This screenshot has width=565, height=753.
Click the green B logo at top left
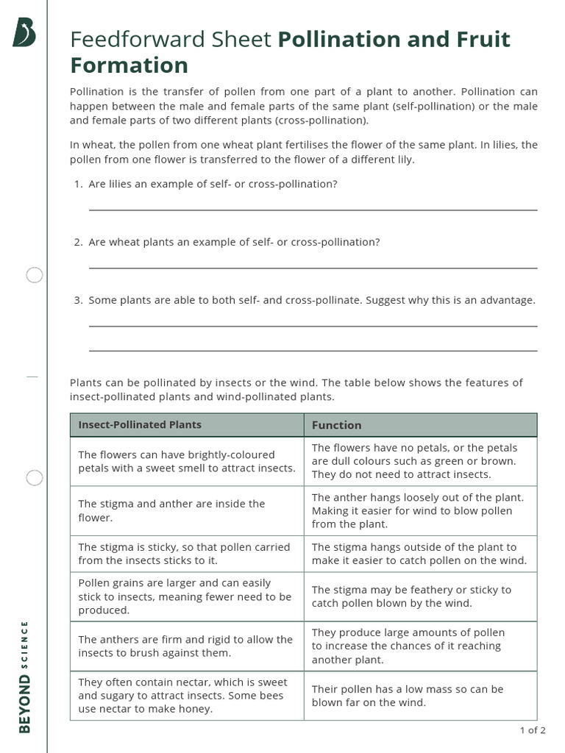pyautogui.click(x=24, y=32)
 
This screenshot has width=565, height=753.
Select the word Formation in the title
pyautogui.click(x=129, y=65)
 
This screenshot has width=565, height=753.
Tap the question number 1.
pyautogui.click(x=77, y=184)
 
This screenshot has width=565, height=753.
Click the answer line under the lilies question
pyautogui.click(x=313, y=210)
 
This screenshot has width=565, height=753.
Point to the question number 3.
pyautogui.click(x=77, y=300)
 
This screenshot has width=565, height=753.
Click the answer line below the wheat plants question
pyautogui.click(x=313, y=268)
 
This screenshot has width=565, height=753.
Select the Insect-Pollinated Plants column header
pyautogui.click(x=140, y=425)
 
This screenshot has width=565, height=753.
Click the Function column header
pyautogui.click(x=337, y=425)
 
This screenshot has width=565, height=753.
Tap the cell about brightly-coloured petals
pyautogui.click(x=187, y=461)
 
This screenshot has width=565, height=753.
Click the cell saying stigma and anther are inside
pyautogui.click(x=187, y=510)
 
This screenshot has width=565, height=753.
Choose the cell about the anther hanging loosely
pyautogui.click(x=420, y=510)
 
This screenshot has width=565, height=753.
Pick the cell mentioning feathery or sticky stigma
pyautogui.click(x=420, y=596)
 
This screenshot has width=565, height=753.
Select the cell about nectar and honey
pyautogui.click(x=187, y=695)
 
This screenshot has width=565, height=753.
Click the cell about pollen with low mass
pyautogui.click(x=420, y=695)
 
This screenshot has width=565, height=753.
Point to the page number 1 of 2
pyautogui.click(x=533, y=730)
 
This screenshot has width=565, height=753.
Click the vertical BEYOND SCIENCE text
pyautogui.click(x=24, y=677)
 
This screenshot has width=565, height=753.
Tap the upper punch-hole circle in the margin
pyautogui.click(x=35, y=276)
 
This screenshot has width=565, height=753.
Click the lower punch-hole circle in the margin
pyautogui.click(x=35, y=478)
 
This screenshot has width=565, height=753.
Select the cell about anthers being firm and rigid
pyautogui.click(x=187, y=646)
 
